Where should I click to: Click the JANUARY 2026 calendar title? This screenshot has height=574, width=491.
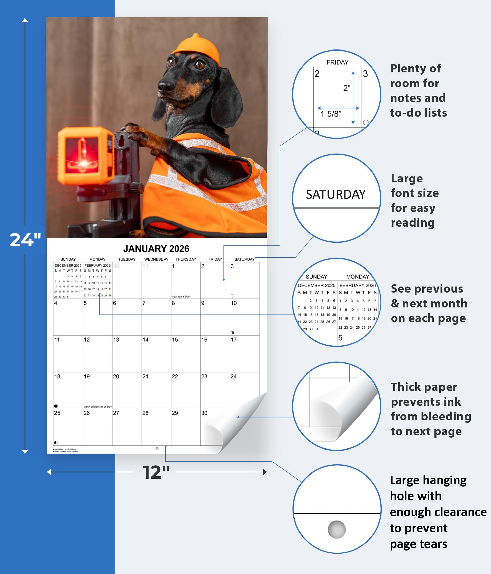(x=156, y=249)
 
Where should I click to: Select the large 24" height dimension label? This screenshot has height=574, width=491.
(x=25, y=240)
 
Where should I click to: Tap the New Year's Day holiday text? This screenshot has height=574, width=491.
(x=180, y=297)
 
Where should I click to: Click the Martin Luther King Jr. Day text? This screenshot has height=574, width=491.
(x=97, y=407)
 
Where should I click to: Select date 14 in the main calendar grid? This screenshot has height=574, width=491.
(x=145, y=340)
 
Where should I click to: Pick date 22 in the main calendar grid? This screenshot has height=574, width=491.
(x=175, y=376)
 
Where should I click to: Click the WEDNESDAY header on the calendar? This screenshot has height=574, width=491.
(x=156, y=259)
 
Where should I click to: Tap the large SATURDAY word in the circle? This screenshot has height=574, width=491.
(x=336, y=194)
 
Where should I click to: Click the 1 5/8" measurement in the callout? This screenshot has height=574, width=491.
(x=331, y=114)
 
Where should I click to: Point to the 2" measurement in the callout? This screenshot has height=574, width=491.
(x=346, y=88)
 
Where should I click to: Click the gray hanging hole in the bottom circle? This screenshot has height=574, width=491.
(x=337, y=529)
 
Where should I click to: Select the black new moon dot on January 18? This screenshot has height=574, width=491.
(x=56, y=406)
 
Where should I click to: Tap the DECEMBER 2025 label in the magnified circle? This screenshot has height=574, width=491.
(x=316, y=285)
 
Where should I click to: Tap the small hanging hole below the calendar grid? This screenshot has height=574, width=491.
(x=157, y=448)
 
